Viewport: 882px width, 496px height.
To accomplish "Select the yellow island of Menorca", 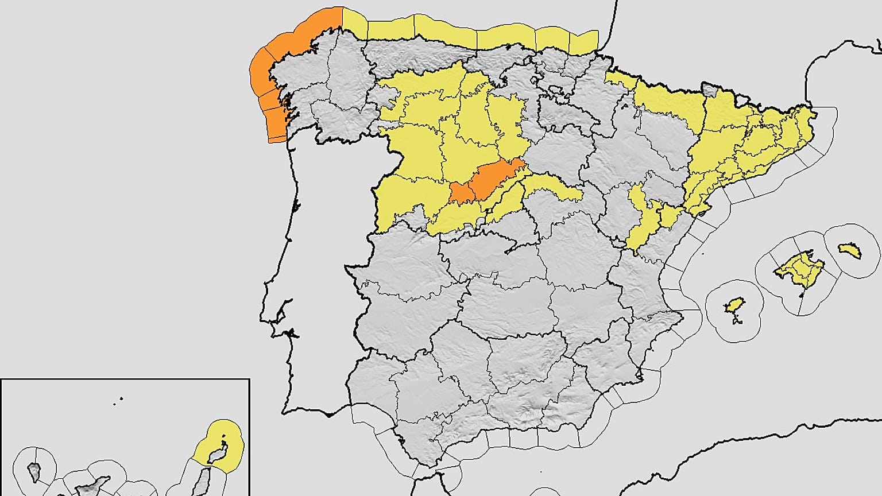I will coord(850,250).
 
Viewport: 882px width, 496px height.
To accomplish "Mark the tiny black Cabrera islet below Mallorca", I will coord(802,296).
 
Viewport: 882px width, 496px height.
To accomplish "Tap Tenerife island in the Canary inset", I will coord(92,488).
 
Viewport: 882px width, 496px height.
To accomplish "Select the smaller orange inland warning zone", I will coord(462,193).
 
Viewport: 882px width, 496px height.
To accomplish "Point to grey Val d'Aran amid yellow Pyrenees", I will coord(710,90).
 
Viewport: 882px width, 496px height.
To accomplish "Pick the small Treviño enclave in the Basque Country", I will coord(556,91).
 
